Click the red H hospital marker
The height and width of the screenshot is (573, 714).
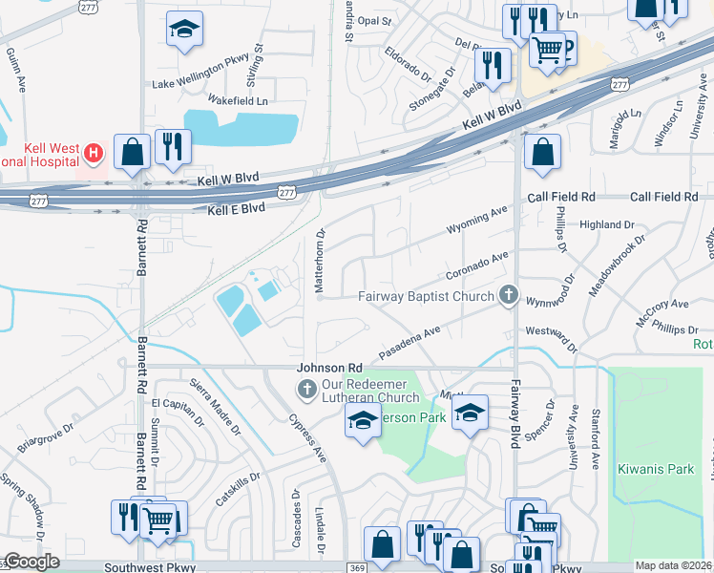[x=93, y=152]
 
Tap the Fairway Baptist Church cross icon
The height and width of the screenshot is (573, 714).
[x=509, y=296]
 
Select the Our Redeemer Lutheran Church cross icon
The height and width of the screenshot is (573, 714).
[x=306, y=387]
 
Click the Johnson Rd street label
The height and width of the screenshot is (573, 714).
[x=329, y=368]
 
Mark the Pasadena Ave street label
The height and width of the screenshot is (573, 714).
[x=409, y=341]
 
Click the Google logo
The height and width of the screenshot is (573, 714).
[x=31, y=562]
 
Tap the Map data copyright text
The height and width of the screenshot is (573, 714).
[x=673, y=565]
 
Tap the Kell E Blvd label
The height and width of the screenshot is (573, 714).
[x=229, y=207]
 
